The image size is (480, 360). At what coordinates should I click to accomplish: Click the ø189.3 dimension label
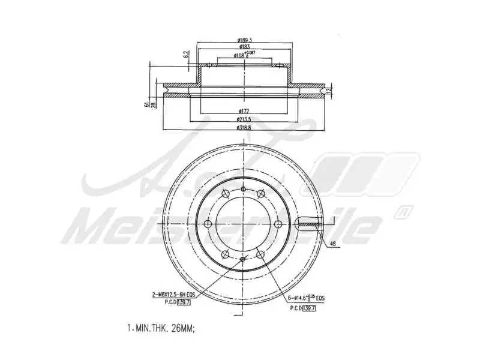[244, 41]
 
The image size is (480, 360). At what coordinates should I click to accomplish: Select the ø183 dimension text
[244, 47]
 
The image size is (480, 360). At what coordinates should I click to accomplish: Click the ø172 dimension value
[244, 111]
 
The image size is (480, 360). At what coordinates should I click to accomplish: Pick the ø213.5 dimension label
[244, 119]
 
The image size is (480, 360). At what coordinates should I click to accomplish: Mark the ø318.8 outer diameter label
[244, 127]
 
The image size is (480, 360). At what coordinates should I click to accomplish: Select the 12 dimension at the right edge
[329, 90]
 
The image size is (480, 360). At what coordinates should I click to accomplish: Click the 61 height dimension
[146, 104]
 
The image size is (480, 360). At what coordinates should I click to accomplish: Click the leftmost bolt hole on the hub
[208, 224]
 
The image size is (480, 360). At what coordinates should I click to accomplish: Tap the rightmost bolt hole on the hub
[279, 224]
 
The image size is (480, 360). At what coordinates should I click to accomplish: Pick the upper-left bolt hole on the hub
[226, 193]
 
